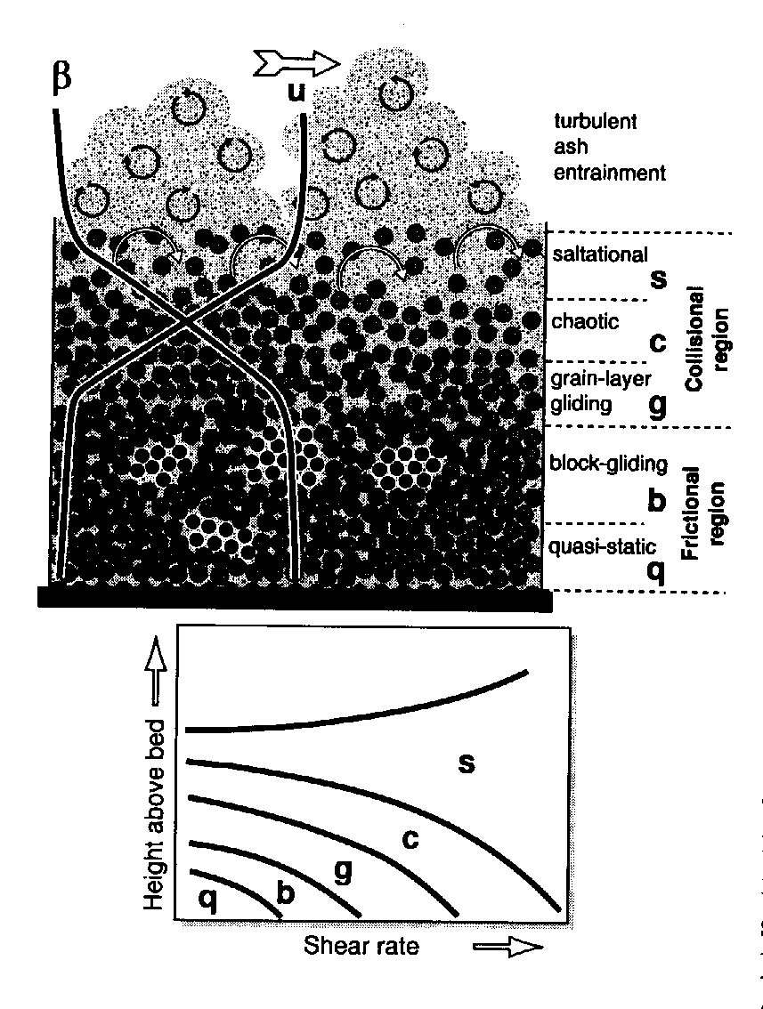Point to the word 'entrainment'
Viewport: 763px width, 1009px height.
[x=609, y=174]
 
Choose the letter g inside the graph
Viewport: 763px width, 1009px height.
[x=341, y=871]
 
